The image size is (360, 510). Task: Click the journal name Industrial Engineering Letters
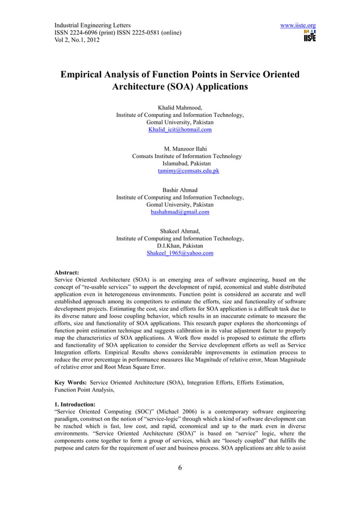93,25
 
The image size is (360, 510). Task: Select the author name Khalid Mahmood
179,107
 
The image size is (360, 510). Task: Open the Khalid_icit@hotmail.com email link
179,130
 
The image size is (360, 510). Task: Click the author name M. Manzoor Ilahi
180,149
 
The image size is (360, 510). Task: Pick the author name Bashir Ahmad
179,190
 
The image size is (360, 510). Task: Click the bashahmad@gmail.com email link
179,212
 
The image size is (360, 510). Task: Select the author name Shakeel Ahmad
179,231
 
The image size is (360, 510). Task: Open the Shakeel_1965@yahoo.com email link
179,254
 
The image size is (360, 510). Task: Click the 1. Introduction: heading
79,403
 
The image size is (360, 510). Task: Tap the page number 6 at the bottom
179,467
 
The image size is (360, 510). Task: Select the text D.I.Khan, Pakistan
179,246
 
